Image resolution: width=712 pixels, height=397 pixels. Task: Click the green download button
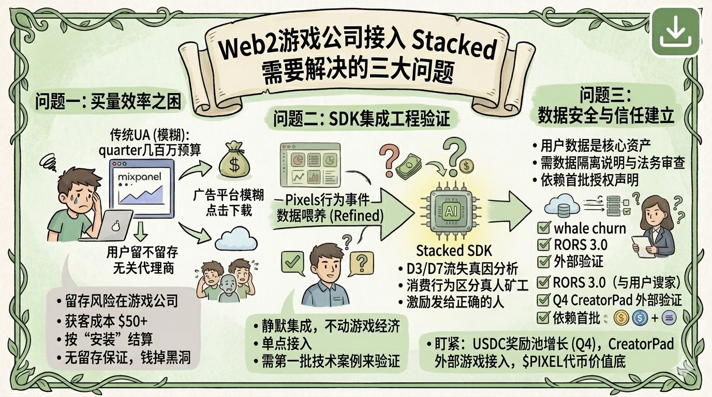pyautogui.click(x=675, y=32)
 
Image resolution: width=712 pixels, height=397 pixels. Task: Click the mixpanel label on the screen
pyautogui.click(x=139, y=178)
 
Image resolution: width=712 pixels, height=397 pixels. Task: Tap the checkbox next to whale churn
pyautogui.click(x=543, y=228)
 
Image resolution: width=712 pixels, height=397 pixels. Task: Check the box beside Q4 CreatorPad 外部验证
pyautogui.click(x=543, y=300)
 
